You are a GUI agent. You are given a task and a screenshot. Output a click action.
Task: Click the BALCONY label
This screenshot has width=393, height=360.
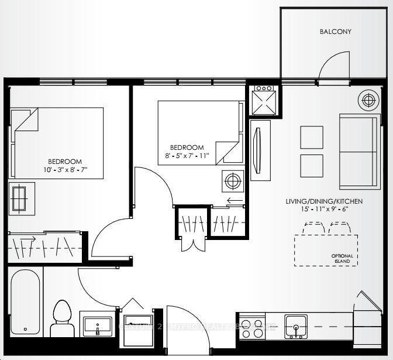click(x=335, y=32)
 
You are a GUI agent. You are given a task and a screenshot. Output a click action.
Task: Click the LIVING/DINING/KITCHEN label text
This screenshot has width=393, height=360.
click(x=324, y=201)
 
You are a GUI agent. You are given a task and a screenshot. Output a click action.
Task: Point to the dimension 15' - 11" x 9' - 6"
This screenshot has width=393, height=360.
click(x=324, y=209)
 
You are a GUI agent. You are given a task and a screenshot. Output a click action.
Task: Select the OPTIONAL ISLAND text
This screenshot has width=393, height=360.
click(x=343, y=259)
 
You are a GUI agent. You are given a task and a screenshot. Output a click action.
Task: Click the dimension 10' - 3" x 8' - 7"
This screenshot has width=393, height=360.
click(x=64, y=170)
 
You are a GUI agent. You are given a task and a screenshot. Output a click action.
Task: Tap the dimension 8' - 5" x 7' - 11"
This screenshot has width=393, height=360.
click(x=187, y=155)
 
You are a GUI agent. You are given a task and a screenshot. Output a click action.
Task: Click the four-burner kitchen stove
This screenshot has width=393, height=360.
click(x=251, y=328)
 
